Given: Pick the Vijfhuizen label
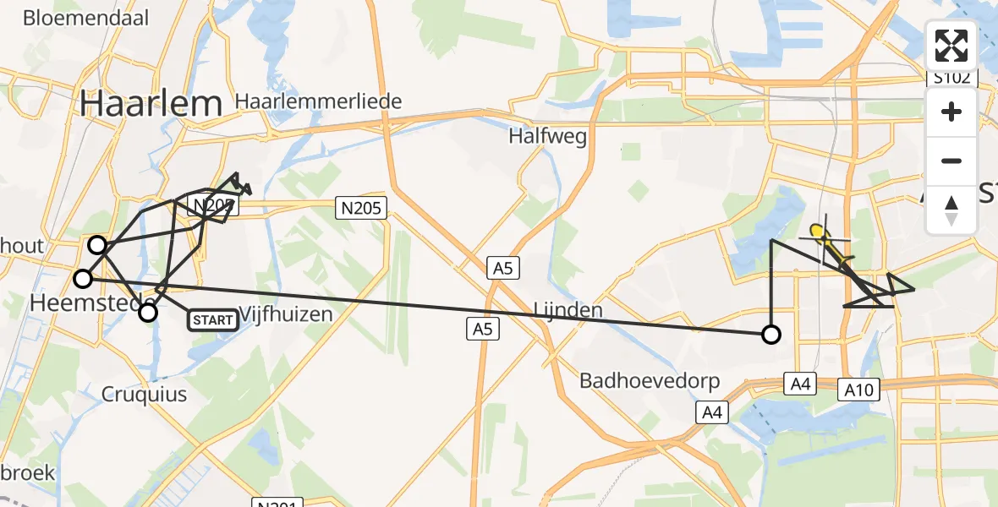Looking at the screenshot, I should click(285, 313).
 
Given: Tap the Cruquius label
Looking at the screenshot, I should click(144, 395).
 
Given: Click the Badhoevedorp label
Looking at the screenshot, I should click(649, 381).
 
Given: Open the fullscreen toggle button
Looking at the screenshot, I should click(951, 46).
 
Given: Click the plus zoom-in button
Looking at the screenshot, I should click(951, 112).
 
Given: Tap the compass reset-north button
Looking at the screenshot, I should click(951, 210).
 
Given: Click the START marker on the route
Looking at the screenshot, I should click(211, 320).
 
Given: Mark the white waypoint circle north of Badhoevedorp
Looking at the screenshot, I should click(770, 335).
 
